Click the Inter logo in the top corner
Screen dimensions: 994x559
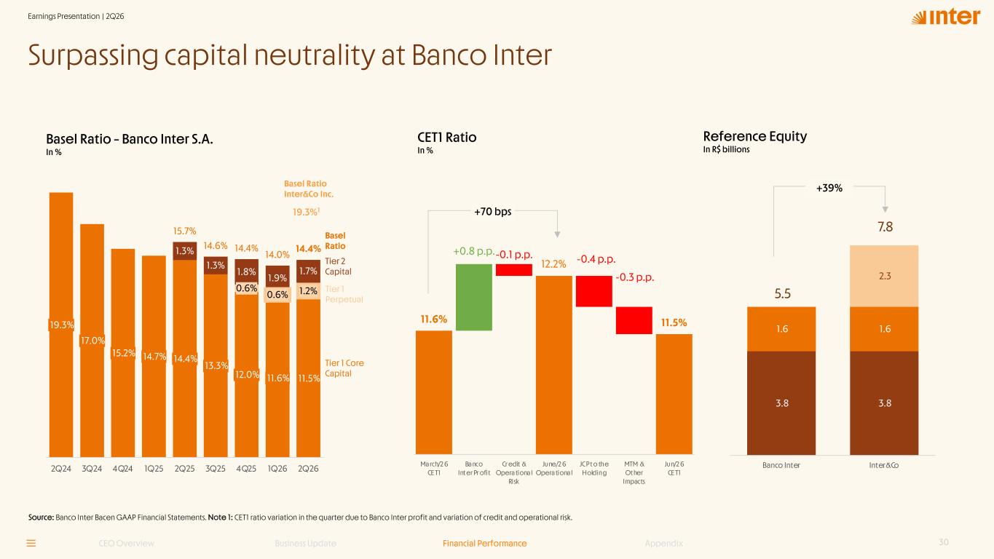point(945,17)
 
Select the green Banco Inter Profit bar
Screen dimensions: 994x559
point(474,297)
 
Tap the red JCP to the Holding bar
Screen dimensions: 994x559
point(593,291)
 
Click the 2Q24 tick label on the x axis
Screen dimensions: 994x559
point(60,469)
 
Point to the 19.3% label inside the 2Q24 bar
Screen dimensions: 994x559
point(61,325)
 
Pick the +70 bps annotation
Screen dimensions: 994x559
point(492,212)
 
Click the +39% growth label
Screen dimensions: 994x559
point(829,188)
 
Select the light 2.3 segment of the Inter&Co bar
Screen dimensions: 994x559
point(884,276)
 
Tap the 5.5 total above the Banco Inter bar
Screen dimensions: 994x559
point(782,294)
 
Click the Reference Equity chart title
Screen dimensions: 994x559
point(755,136)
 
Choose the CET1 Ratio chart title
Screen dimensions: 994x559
point(447,138)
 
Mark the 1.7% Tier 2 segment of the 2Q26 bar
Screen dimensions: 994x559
point(308,271)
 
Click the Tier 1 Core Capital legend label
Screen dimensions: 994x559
point(344,368)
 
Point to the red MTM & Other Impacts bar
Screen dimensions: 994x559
point(634,320)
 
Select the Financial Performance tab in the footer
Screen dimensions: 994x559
point(484,543)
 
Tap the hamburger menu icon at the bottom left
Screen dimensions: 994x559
point(31,543)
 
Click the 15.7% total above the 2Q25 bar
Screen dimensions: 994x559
point(184,231)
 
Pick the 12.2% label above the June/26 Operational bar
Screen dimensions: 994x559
point(553,264)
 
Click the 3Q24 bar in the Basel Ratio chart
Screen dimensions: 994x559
point(92,341)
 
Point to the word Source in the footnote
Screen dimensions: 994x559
point(41,518)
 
